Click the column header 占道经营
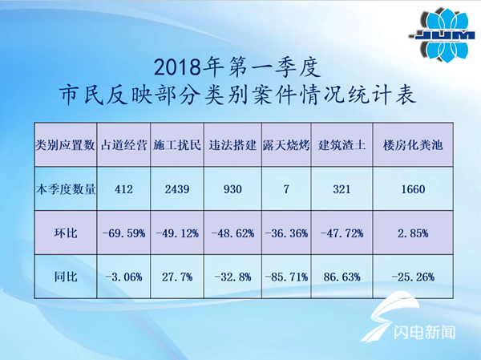coord(124,145)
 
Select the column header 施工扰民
coord(177,145)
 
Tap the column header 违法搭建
coord(232,145)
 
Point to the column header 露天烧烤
coord(286,145)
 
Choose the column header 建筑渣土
coord(342,145)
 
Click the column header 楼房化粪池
coord(413,145)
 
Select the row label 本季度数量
coord(66,189)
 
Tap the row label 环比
coord(66,233)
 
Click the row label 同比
coord(66,277)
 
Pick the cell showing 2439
coord(177,189)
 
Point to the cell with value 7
coord(286,189)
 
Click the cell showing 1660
coord(413,189)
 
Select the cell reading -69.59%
coord(124,233)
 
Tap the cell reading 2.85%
coord(413,233)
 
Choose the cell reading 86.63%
coord(342,277)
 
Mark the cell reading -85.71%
coord(286,277)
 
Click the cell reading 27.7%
coord(177,277)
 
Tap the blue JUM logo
coord(443,35)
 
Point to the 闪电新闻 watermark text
coord(424,332)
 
